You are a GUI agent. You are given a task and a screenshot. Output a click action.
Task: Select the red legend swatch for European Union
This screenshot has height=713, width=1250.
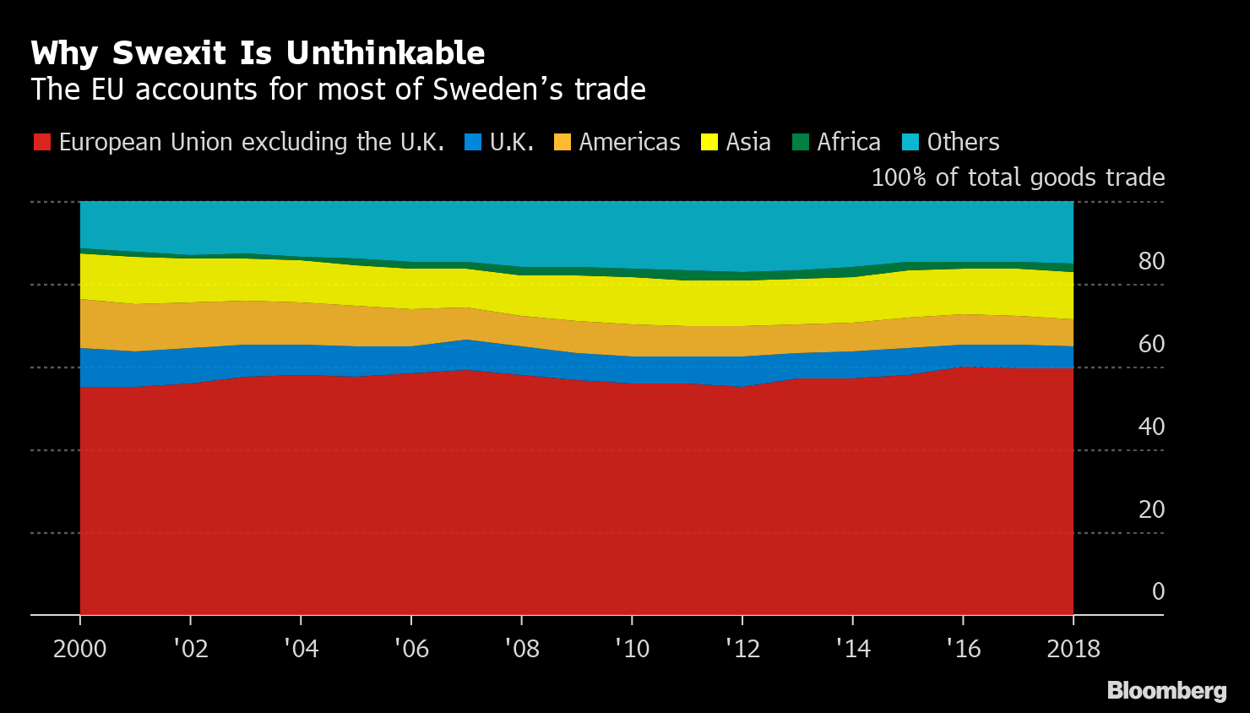click(x=41, y=142)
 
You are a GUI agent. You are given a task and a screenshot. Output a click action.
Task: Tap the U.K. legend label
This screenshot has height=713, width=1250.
click(x=512, y=142)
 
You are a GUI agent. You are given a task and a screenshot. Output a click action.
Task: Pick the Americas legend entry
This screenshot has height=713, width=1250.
click(x=629, y=142)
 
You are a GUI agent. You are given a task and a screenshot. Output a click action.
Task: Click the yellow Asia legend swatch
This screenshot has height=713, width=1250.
click(x=709, y=142)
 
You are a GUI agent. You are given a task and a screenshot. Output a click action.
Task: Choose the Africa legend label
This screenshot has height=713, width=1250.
click(x=848, y=142)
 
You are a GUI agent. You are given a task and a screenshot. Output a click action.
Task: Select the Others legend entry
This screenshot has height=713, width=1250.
click(x=963, y=142)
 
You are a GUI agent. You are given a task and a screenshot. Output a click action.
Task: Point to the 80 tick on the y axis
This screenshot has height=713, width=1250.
click(x=1151, y=262)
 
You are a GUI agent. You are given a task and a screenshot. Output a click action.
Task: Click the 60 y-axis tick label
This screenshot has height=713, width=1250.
click(x=1151, y=345)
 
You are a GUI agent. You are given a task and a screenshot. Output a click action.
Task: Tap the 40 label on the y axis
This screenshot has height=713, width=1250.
click(x=1151, y=427)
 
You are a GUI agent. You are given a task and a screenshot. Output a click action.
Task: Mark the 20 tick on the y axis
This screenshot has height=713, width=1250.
click(x=1151, y=510)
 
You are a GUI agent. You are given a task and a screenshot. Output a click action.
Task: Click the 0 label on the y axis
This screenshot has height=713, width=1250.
click(x=1158, y=592)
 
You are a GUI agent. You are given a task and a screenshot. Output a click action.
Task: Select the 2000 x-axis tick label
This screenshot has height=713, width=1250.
click(x=80, y=649)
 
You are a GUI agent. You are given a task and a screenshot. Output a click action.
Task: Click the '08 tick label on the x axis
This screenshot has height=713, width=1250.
click(x=521, y=649)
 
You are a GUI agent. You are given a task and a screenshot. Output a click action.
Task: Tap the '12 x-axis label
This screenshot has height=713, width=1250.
click(x=742, y=649)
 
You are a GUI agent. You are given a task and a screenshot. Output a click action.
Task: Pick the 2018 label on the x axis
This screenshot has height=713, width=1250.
click(x=1073, y=649)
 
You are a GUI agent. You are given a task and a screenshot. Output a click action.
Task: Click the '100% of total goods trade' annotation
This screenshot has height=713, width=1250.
click(x=1018, y=177)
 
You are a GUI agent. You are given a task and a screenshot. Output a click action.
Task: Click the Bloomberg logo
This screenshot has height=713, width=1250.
click(x=1166, y=691)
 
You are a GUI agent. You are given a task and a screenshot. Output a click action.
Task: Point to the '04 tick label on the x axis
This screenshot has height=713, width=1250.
click(x=301, y=649)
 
